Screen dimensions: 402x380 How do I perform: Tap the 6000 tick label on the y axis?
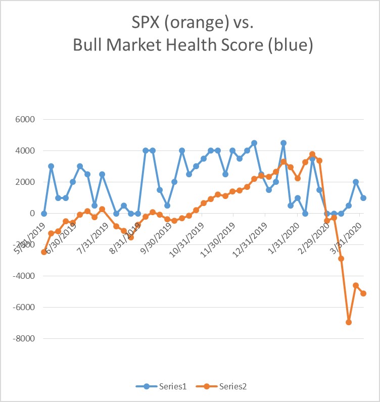pos(24,120)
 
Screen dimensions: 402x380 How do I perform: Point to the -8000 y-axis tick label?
pos(22,338)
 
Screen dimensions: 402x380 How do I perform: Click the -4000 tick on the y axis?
pos(22,276)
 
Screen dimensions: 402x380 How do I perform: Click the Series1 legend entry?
pos(162,386)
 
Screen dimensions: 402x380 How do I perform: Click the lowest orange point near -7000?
pos(349,322)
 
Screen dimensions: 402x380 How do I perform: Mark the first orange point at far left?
pos(44,252)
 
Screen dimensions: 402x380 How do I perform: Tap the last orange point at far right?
pos(363,293)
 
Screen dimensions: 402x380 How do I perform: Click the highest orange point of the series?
pos(312,154)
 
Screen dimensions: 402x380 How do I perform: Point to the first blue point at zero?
pos(44,214)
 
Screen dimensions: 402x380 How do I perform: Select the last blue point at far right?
pos(363,198)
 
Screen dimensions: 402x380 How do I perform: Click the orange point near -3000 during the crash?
pos(341,259)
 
